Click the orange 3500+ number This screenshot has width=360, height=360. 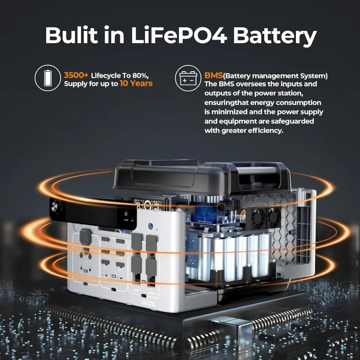tap(76, 76)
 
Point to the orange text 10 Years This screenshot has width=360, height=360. tap(136, 84)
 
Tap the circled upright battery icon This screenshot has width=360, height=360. tap(47, 78)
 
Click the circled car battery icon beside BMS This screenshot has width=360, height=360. tap(188, 78)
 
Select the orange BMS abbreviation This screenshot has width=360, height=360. tap(213, 76)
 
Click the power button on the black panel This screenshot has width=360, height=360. tap(126, 213)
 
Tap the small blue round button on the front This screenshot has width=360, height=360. tap(150, 226)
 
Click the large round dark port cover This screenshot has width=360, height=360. tap(85, 237)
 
